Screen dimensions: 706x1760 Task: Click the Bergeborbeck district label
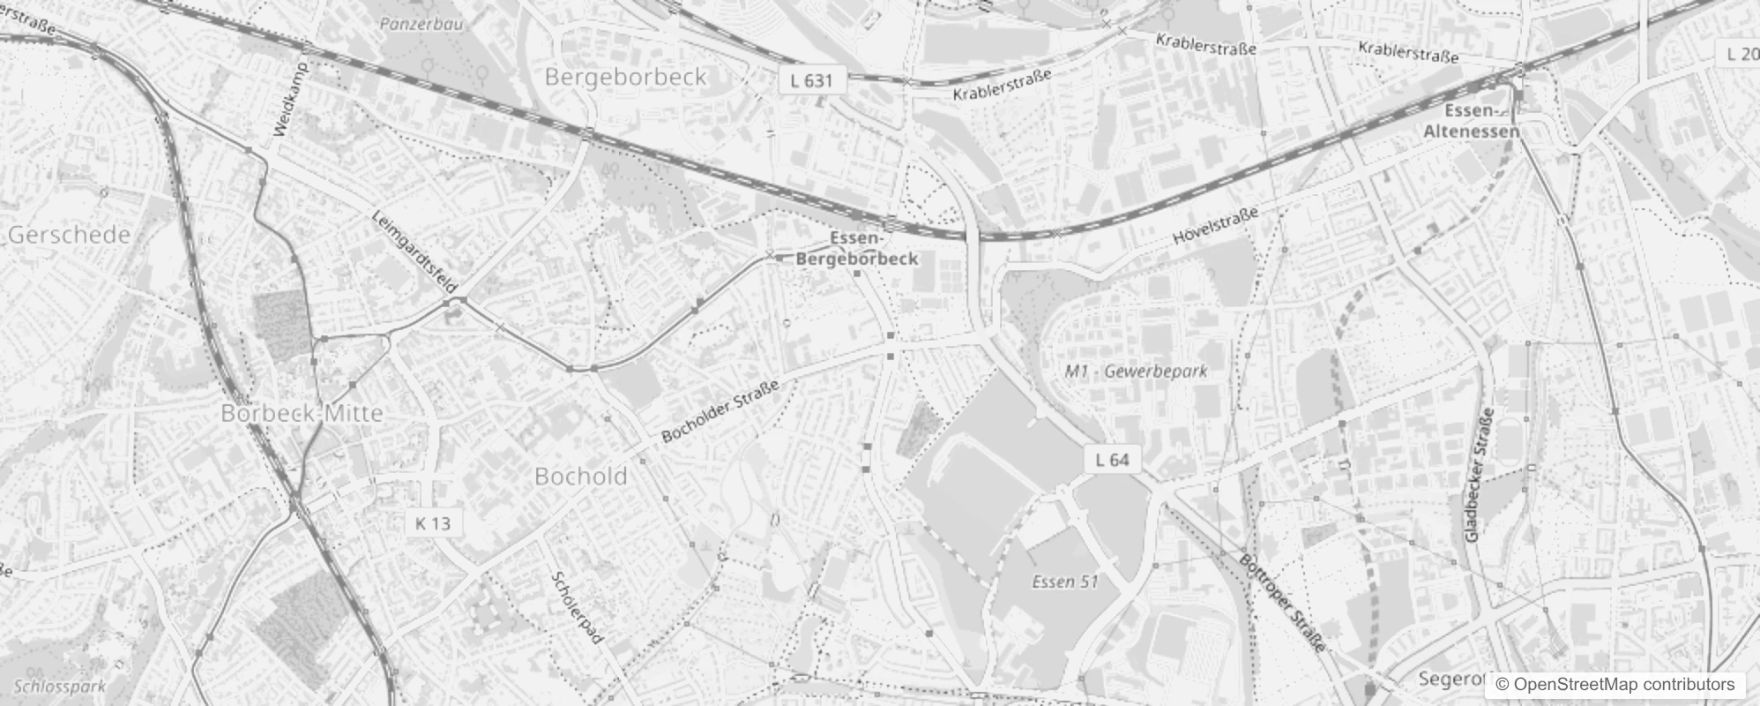[x=625, y=77]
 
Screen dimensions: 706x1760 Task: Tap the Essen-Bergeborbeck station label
[x=856, y=249]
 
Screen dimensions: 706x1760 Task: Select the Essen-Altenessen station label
[x=1471, y=121]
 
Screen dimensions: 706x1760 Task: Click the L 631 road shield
[x=811, y=80]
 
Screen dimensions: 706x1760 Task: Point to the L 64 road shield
[x=1112, y=459]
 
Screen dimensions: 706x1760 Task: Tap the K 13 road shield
[x=433, y=523]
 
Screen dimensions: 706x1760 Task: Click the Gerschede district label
[x=69, y=235]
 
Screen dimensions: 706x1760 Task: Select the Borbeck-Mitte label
[x=302, y=413]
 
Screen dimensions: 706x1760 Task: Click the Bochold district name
[x=581, y=477]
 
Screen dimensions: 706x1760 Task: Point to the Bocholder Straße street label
[x=720, y=411]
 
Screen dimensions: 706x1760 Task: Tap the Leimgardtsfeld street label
[x=414, y=252]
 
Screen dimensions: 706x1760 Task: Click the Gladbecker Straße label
[x=1478, y=475]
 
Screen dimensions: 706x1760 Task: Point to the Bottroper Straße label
[x=1283, y=603]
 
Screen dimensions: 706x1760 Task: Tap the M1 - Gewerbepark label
[x=1136, y=371]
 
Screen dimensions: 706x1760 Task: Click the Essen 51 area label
[x=1065, y=582]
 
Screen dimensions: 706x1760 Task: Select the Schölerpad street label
[x=578, y=607]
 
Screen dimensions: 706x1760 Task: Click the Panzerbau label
[x=421, y=24]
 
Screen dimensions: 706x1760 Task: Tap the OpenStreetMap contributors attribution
[x=1615, y=685]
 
